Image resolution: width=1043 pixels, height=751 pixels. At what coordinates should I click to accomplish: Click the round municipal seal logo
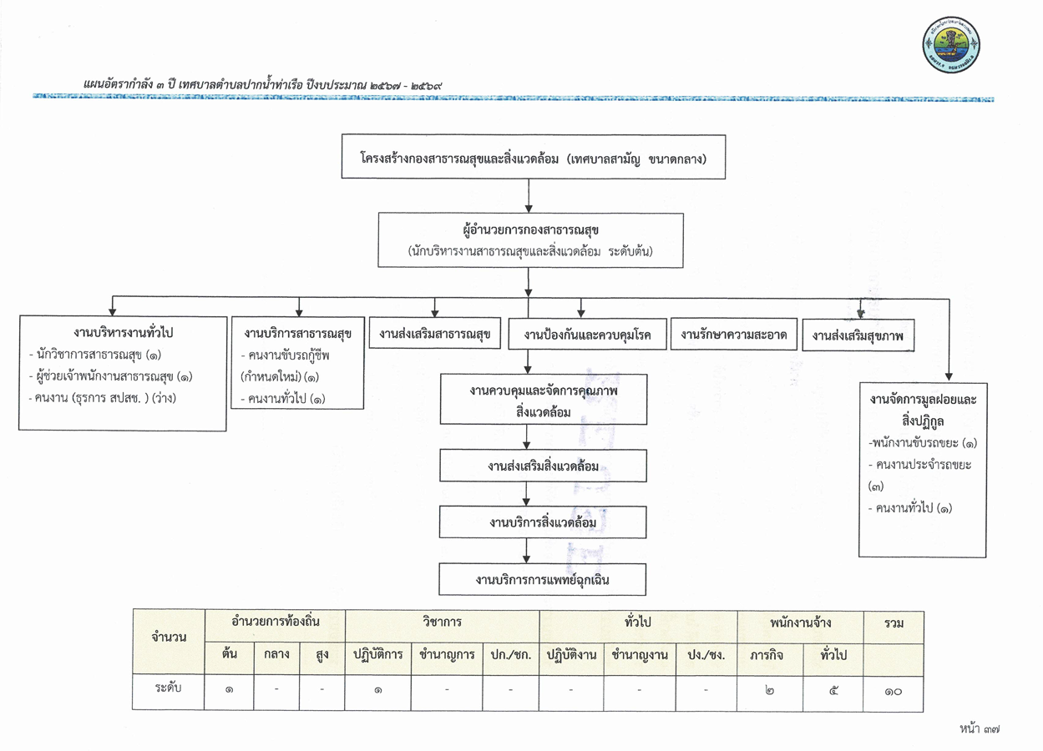tap(951, 45)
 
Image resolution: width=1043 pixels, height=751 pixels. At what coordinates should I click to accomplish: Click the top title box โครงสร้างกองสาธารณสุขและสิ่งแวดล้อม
tap(533, 157)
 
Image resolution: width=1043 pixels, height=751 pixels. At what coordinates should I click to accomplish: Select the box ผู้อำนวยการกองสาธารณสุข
tap(530, 240)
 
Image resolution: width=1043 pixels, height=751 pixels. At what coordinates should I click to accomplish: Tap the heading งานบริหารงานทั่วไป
tap(123, 333)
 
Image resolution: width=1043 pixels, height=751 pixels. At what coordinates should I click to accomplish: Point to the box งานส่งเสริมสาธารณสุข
tap(434, 333)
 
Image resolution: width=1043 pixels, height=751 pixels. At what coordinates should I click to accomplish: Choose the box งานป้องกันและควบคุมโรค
tap(587, 334)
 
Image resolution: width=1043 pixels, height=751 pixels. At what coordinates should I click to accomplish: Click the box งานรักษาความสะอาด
tap(733, 334)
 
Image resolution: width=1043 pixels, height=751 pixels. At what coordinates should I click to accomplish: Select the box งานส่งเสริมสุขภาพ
tap(858, 335)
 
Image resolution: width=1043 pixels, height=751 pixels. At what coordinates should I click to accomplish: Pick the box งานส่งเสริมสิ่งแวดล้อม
tap(543, 466)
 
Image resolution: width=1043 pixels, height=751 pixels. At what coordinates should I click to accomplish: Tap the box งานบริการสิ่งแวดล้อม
tap(543, 522)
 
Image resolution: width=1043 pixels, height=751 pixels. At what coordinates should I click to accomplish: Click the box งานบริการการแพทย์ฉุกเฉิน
tap(542, 579)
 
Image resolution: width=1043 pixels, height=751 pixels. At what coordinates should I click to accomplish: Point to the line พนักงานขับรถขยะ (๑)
tap(923, 443)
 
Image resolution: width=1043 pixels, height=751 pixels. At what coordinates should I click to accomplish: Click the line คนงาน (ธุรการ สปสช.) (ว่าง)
tap(103, 398)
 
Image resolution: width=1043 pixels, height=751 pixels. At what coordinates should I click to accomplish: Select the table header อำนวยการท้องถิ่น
tap(276, 622)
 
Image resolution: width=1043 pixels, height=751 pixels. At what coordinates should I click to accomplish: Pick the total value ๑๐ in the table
tap(893, 692)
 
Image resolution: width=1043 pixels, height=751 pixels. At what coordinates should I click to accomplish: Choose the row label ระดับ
tap(168, 688)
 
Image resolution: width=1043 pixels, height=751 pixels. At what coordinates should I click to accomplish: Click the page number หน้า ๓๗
tap(980, 728)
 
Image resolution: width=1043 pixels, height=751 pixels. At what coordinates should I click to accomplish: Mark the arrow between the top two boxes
tap(529, 196)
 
